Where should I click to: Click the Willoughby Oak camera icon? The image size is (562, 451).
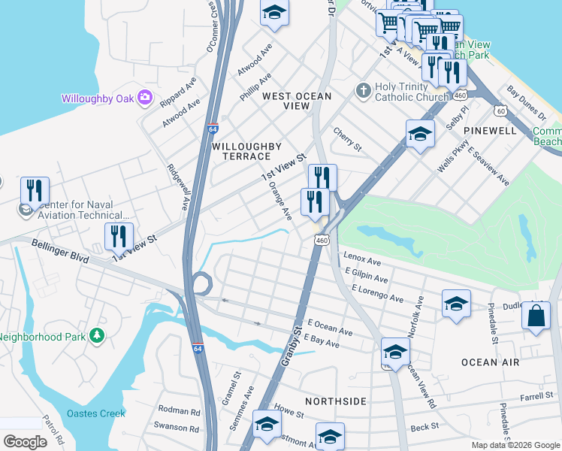point(145,98)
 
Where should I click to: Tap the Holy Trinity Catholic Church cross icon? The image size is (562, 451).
point(363,90)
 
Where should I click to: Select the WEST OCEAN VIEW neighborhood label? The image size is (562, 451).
point(286,101)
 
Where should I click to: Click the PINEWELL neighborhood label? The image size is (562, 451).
point(490,131)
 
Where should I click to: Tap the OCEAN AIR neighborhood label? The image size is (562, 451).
point(490,362)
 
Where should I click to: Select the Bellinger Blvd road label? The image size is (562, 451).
point(60,252)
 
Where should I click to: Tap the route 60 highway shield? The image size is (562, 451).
point(500,110)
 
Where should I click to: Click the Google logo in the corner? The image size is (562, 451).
point(25,442)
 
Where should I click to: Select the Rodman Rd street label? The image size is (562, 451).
point(180,412)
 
